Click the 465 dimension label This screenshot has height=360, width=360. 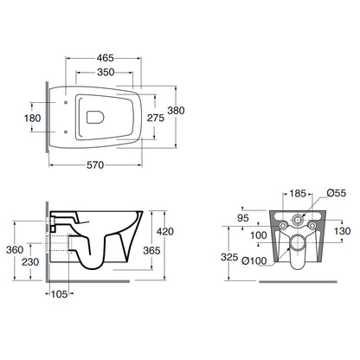pyautogui.click(x=106, y=58)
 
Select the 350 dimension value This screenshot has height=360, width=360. pyautogui.click(x=106, y=72)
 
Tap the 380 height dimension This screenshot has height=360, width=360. pyautogui.click(x=176, y=111)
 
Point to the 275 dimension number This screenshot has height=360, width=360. pyautogui.click(x=156, y=118)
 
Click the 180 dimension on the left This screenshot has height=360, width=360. pyautogui.click(x=32, y=118)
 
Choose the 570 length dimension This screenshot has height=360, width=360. pyautogui.click(x=95, y=165)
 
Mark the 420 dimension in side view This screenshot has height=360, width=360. pyautogui.click(x=165, y=231)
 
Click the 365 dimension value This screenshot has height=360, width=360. pyautogui.click(x=151, y=250)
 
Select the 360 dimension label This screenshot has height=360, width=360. pyautogui.click(x=15, y=250)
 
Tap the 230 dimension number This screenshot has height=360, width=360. pyautogui.click(x=30, y=262)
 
